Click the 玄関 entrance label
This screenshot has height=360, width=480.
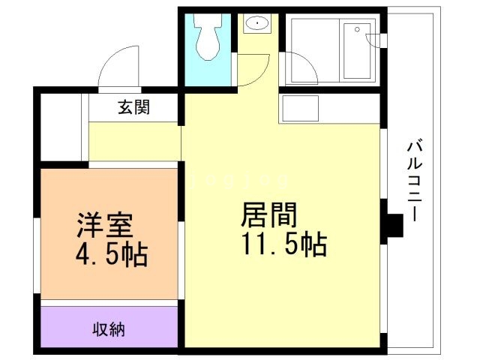133,107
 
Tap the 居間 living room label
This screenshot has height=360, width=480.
268,216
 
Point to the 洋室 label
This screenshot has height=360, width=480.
104,225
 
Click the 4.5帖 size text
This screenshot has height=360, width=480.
110,256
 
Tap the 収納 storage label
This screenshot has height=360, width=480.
109,328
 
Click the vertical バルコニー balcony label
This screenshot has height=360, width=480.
412,180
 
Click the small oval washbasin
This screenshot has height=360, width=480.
256,24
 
